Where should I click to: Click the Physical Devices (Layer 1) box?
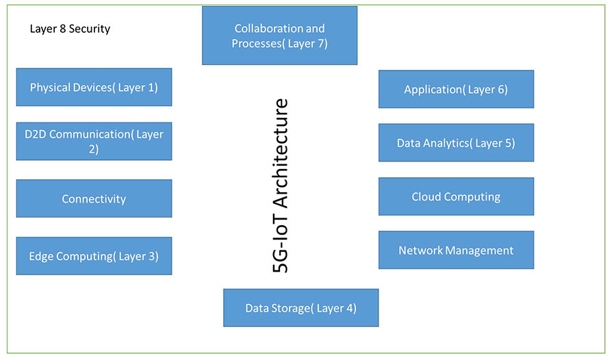(x=94, y=87)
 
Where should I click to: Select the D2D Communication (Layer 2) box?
(x=94, y=141)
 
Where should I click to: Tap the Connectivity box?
(x=94, y=198)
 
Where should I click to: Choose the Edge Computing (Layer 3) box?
(x=94, y=256)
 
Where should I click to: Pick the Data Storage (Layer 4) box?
(x=300, y=308)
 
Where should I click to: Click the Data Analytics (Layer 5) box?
(x=456, y=143)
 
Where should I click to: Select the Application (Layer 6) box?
(x=456, y=89)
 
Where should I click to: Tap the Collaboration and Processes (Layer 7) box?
(x=279, y=36)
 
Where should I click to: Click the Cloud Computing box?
(x=456, y=196)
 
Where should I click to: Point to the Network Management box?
(x=456, y=250)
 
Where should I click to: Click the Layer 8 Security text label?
(x=70, y=29)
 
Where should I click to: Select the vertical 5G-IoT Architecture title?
(x=281, y=186)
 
